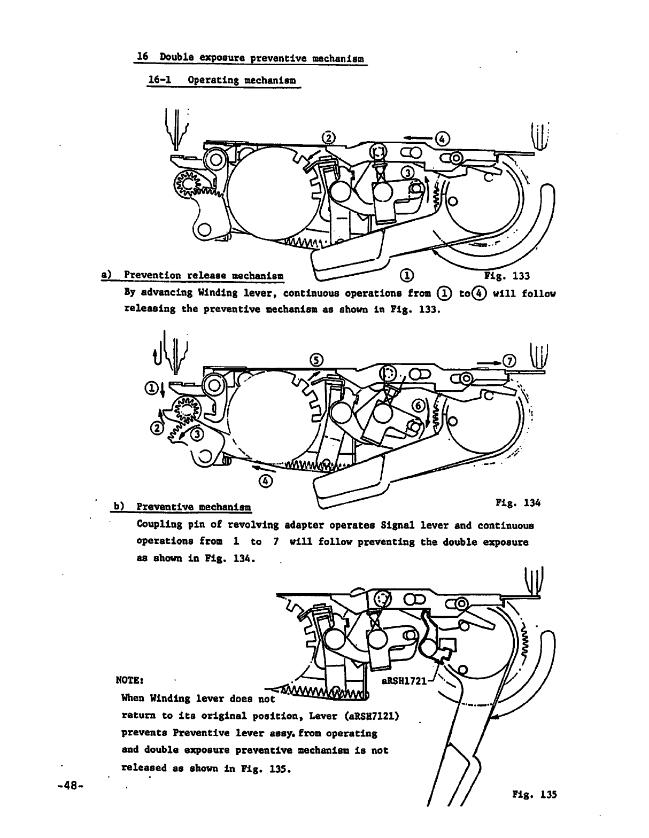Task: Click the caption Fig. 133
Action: tap(506, 276)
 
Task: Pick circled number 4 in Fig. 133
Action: tap(443, 138)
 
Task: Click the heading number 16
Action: tap(142, 57)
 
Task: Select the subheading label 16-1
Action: tap(156, 80)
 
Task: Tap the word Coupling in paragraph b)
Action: tap(158, 525)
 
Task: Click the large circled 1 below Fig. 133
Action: tap(406, 275)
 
